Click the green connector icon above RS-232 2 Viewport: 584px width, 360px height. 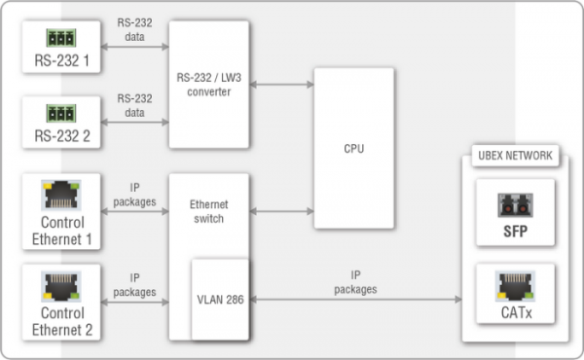point(60,113)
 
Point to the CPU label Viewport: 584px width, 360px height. point(353,149)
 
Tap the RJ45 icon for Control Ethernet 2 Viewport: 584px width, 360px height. point(60,283)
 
